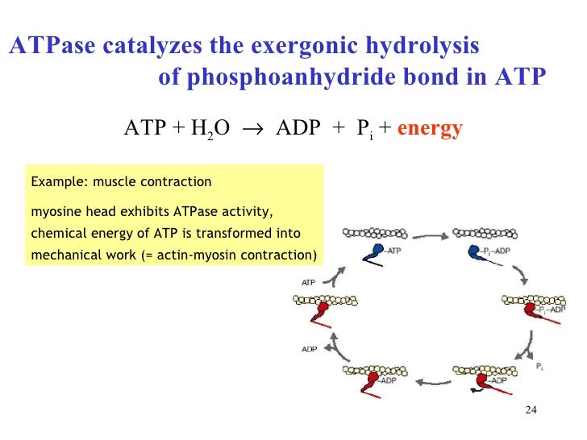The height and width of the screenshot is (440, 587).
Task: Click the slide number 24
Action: coord(530,411)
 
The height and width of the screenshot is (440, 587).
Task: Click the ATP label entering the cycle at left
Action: coord(308,283)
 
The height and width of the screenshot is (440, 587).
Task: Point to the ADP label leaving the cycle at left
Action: coord(309,349)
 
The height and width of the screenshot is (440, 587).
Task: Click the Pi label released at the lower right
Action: coord(539,367)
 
